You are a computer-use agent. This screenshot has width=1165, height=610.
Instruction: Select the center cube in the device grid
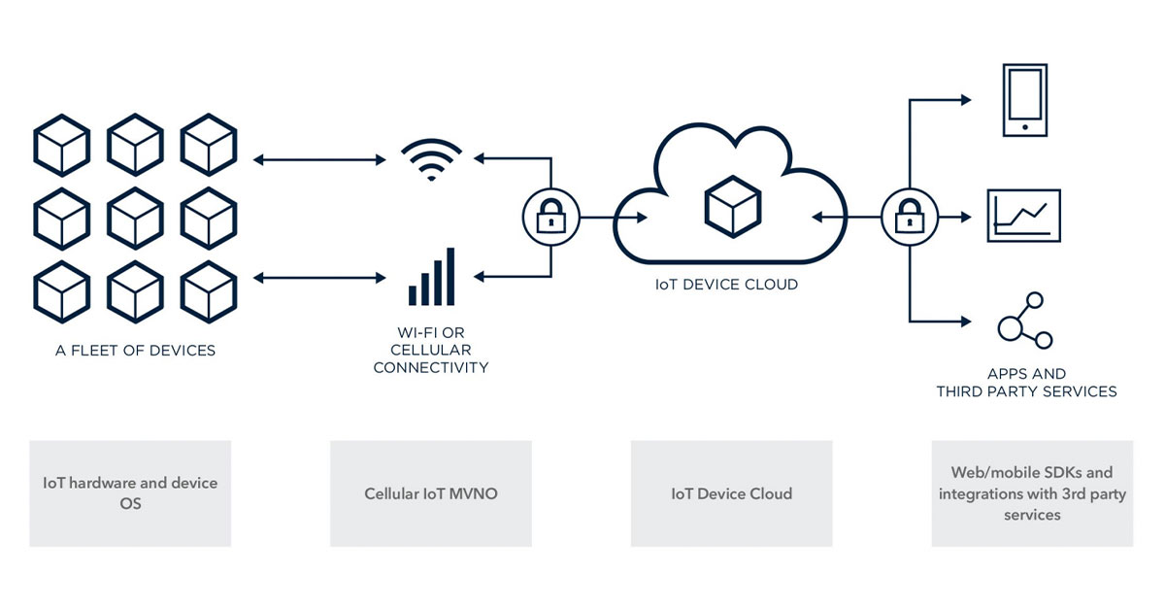135,219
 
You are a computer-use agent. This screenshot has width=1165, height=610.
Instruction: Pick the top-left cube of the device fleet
62,145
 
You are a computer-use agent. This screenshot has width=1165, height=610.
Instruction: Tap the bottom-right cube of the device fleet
209,290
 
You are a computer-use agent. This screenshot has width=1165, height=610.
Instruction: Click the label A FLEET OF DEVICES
135,351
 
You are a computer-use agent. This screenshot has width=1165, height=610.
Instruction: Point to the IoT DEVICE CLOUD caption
726,286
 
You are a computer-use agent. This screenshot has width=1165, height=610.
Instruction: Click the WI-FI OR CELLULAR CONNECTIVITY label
431,350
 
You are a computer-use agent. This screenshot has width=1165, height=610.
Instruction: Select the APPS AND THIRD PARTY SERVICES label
1026,383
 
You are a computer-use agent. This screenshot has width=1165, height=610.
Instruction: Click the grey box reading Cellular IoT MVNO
431,493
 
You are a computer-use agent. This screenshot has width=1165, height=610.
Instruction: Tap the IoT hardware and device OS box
130,493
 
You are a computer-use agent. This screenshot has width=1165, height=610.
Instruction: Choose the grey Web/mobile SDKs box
1032,493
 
